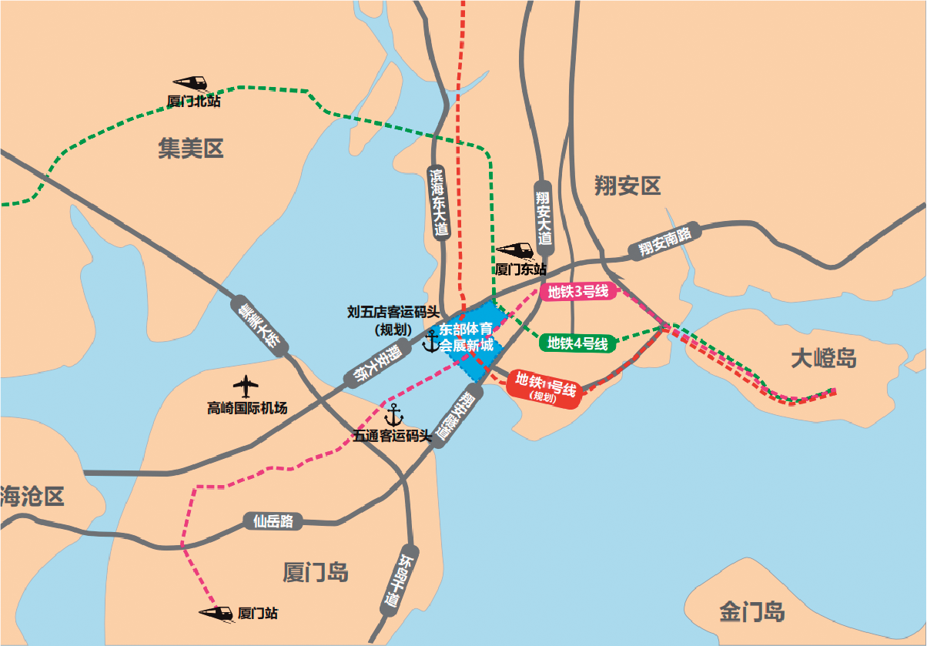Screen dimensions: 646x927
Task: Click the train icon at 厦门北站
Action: pos(190,83)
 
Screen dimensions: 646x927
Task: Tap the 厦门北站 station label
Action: pos(193,102)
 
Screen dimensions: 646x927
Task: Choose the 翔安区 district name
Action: pos(628,185)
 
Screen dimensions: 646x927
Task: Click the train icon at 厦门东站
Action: pos(514,251)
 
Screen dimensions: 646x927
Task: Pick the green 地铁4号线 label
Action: pos(577,343)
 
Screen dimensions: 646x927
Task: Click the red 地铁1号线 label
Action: pos(546,384)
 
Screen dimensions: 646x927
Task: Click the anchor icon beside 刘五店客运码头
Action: pos(430,340)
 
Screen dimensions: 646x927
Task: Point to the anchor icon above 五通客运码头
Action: pos(393,414)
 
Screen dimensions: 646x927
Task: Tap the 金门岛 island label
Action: pos(752,612)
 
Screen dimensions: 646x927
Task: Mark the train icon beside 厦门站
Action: pos(216,613)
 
